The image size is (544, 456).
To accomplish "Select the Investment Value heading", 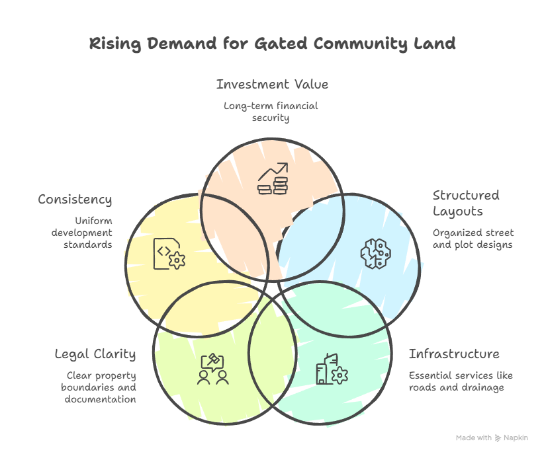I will point(272,85).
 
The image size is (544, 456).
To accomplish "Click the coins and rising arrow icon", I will point(273,178).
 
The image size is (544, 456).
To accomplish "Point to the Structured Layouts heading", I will point(466,203).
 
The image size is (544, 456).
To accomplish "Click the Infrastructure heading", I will point(454,354).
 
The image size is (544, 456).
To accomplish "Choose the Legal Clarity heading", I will point(95,354).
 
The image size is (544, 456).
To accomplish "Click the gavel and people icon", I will point(213,369).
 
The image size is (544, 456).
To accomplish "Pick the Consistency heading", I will point(75,200).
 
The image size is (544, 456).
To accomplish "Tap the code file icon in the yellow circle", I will point(169,254).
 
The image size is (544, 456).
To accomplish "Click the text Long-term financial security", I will point(271,112).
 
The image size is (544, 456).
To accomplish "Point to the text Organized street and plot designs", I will point(473,239).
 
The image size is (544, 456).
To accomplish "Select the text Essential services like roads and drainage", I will point(460,381).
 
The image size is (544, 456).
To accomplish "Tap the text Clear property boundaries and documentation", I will point(101,387).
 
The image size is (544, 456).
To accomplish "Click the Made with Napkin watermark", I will point(492,437).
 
